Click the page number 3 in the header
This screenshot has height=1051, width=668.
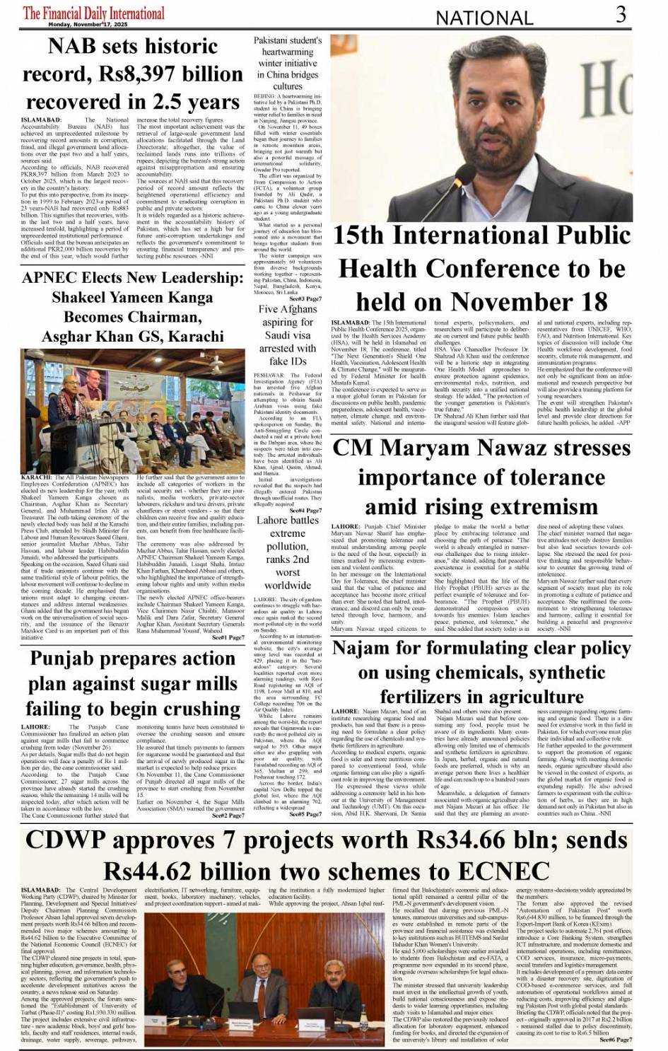621,14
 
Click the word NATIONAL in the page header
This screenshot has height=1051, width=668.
484,18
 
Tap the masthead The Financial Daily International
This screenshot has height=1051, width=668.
93,13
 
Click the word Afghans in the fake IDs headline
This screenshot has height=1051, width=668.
299,309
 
